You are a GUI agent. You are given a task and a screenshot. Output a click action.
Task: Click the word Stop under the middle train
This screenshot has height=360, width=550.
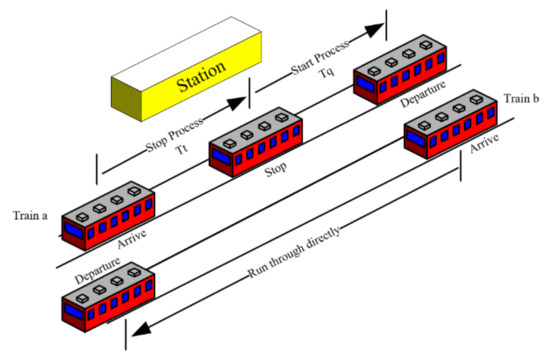click(x=276, y=170)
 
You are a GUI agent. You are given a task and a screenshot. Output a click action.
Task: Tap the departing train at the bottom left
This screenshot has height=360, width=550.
click(x=106, y=294)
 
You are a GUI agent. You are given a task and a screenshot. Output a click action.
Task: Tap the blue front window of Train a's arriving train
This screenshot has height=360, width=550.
click(x=75, y=230)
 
